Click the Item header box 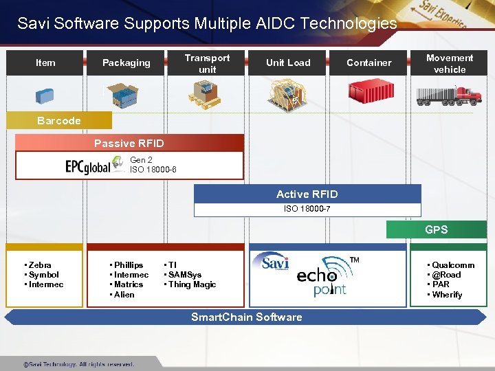(45, 63)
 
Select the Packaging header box (126, 63)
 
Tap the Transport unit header (207, 63)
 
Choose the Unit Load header (288, 63)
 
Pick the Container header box (369, 63)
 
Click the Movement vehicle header (450, 63)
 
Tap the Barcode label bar (59, 121)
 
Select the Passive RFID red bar (129, 143)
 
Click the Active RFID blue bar (307, 194)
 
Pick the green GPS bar (436, 229)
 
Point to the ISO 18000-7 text (307, 209)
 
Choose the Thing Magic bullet (192, 284)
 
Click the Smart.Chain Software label (246, 317)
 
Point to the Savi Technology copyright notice (78, 364)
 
